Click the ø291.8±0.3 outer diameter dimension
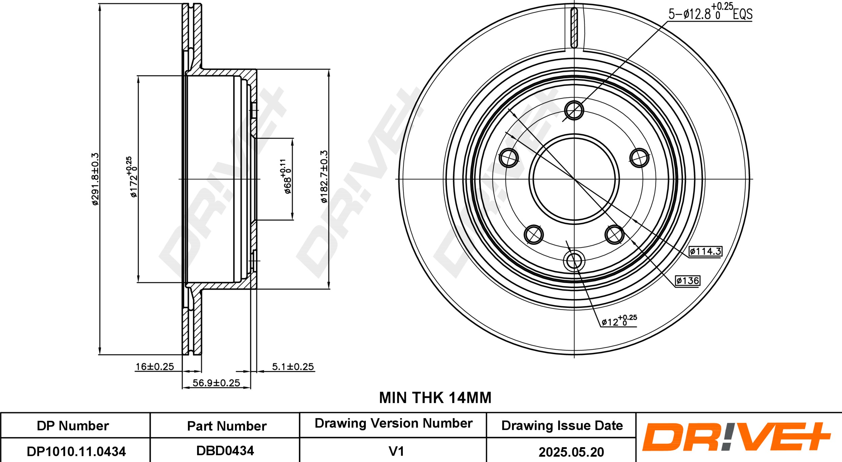[95, 179]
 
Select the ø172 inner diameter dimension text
[133, 177]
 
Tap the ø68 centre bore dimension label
[286, 176]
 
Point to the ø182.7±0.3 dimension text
[324, 177]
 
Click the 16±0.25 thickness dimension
[155, 367]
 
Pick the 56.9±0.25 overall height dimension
[216, 383]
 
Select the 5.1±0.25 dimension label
[293, 367]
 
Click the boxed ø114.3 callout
[705, 251]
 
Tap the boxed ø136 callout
[687, 281]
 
